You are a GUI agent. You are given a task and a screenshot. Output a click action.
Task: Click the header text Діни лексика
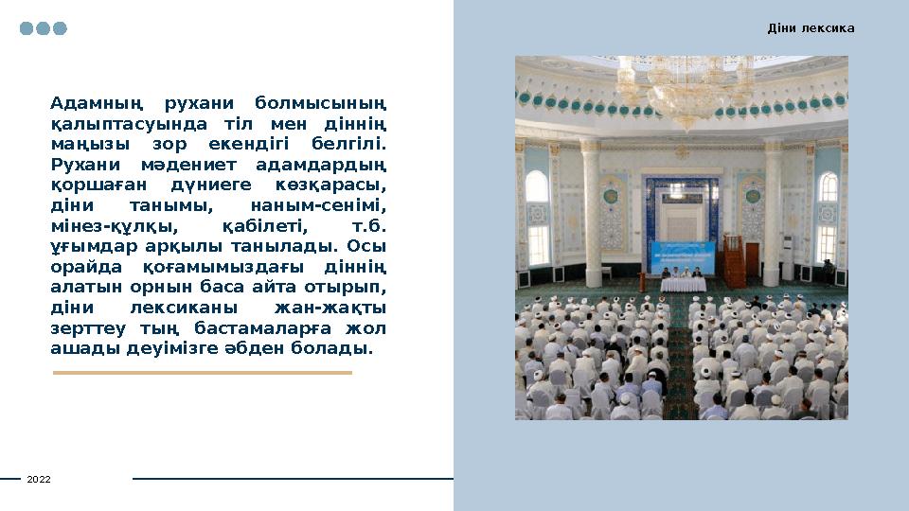[811, 28]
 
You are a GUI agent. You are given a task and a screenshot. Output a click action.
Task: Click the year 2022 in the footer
[39, 480]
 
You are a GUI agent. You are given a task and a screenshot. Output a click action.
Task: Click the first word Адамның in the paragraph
[96, 103]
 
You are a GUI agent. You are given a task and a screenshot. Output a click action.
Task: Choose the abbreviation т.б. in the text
[368, 226]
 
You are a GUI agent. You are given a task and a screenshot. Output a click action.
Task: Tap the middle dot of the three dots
[44, 28]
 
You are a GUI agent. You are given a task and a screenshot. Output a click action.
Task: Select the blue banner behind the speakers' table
[681, 256]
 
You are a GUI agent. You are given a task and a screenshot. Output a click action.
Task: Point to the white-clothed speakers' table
[681, 284]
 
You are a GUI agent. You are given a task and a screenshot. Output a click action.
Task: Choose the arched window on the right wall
[828, 218]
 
